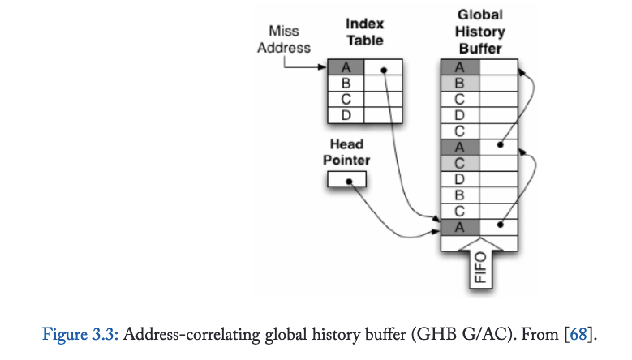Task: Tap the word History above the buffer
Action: pos(479,32)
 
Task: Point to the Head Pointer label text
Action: pos(346,151)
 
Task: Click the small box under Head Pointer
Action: pos(346,182)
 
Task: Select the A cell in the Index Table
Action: pos(346,67)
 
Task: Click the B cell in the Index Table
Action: pos(346,83)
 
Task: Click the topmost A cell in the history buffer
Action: pos(459,67)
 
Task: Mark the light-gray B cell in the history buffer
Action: pos(459,83)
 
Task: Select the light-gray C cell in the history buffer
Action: pos(459,161)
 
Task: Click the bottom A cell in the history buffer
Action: pos(459,225)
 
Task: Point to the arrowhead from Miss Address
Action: pos(323,67)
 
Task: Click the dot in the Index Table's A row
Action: pos(384,69)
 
